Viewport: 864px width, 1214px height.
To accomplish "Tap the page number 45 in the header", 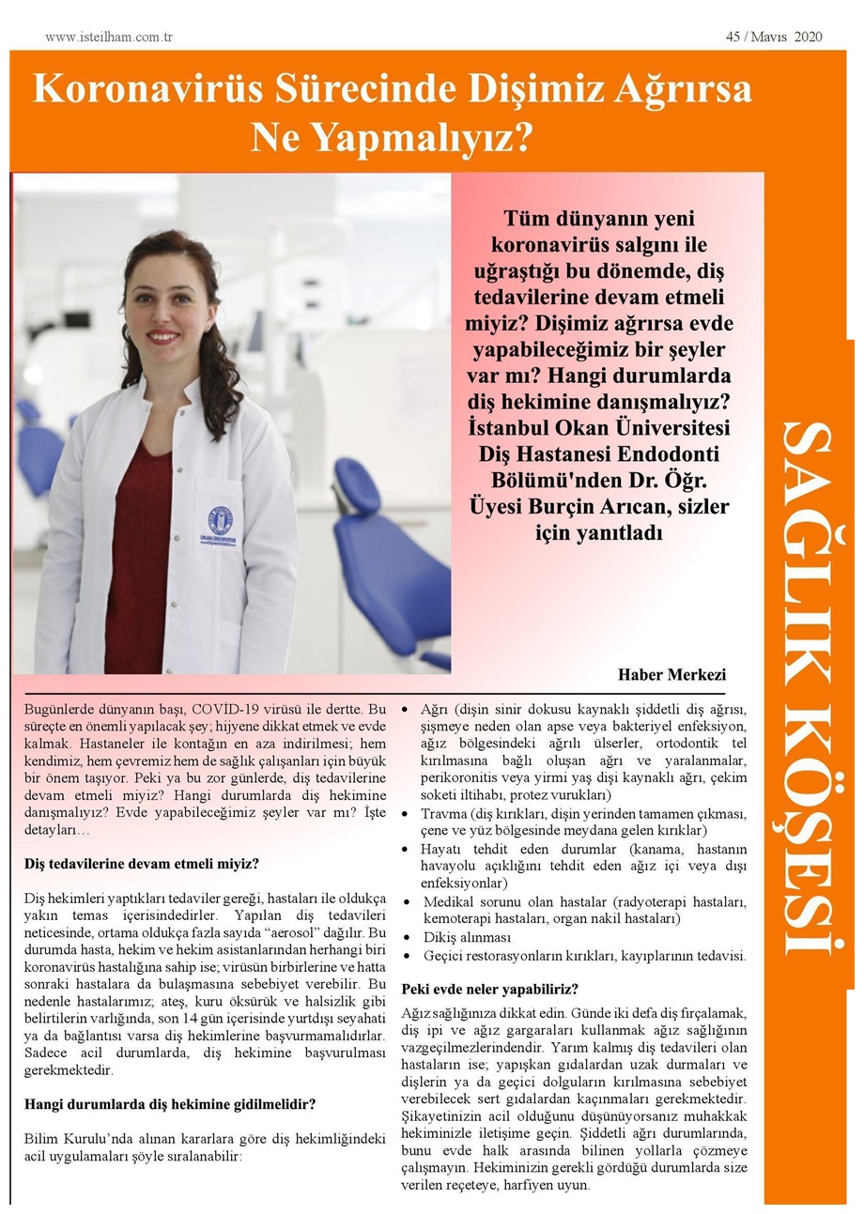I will point(733,38).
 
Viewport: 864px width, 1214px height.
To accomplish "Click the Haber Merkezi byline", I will point(671,675).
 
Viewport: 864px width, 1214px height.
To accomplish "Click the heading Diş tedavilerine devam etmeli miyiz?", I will point(141,863).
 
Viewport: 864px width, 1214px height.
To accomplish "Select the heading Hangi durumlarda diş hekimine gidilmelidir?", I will point(169,1103).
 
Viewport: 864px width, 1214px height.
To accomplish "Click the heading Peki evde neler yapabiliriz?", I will point(489,989).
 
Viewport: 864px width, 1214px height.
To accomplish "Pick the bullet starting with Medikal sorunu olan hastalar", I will point(584,901).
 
